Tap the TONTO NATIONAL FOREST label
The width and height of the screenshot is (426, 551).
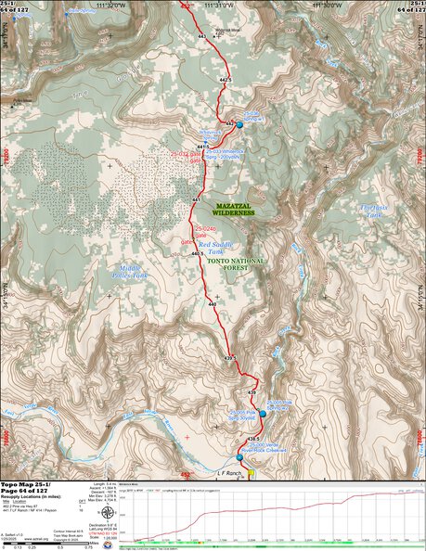point(236,262)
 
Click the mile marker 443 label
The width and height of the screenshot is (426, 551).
point(202,36)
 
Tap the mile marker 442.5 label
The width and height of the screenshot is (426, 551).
point(225,80)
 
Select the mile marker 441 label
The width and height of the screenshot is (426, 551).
point(196,200)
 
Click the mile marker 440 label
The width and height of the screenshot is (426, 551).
point(212,304)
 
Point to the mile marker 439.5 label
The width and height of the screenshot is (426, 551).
point(231,356)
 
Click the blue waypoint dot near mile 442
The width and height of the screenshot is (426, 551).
point(239,124)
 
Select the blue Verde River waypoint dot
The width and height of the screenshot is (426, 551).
point(239,457)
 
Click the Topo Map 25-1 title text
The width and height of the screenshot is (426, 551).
point(27,486)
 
